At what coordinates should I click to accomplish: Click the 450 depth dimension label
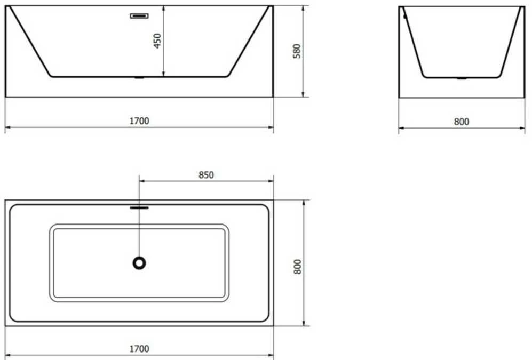coord(157,41)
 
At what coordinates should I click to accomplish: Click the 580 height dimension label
coord(297,51)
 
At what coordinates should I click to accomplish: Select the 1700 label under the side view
coord(139,121)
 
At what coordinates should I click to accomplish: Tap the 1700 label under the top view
coord(139,349)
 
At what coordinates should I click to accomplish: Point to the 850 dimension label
coord(206,175)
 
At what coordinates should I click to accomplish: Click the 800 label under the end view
coord(462,122)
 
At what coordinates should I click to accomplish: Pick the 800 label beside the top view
coord(298,267)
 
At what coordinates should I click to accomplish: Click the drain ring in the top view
coord(139,263)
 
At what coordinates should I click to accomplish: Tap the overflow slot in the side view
coord(139,15)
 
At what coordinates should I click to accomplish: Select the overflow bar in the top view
coord(139,208)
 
